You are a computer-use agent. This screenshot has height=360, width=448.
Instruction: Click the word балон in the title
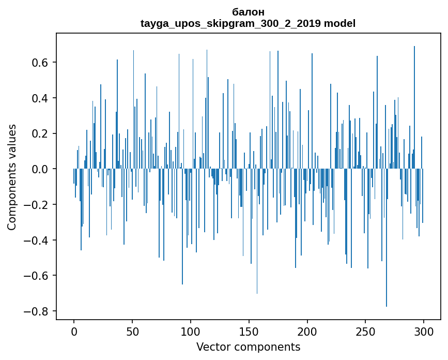tap(248, 12)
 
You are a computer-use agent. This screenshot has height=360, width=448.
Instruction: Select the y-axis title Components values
tap(12, 177)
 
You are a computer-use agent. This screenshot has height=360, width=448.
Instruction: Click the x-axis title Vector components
tap(248, 347)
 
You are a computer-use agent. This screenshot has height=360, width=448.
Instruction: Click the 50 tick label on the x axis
tap(132, 332)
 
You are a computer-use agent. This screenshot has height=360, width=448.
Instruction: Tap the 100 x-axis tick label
tap(191, 332)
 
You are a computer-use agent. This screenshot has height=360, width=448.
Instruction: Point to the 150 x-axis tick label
tap(249, 332)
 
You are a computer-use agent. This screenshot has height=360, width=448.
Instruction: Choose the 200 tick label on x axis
tap(307, 332)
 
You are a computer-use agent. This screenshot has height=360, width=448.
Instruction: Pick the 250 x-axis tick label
tap(365, 332)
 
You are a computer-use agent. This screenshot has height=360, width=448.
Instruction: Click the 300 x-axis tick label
tap(424, 332)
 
